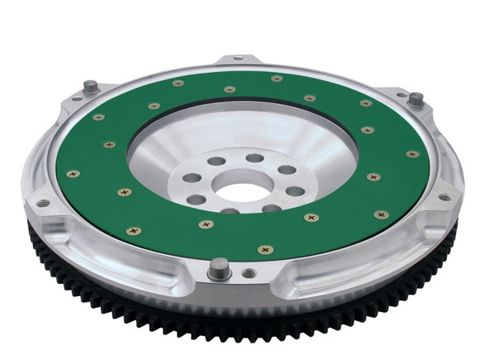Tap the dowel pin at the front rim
pos(218,269)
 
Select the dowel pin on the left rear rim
pos(90,86)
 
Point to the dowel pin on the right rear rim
pos(416,99)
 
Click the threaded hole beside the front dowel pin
pos(250,273)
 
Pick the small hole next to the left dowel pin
pos(77,98)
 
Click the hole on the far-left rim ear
pos(41,202)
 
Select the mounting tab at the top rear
pos(239,60)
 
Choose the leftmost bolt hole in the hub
pos(192,178)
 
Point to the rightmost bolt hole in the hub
pos(295,191)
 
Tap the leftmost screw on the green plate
pos(73,174)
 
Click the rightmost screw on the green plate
pos(413,154)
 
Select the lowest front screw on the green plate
pos(265,250)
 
